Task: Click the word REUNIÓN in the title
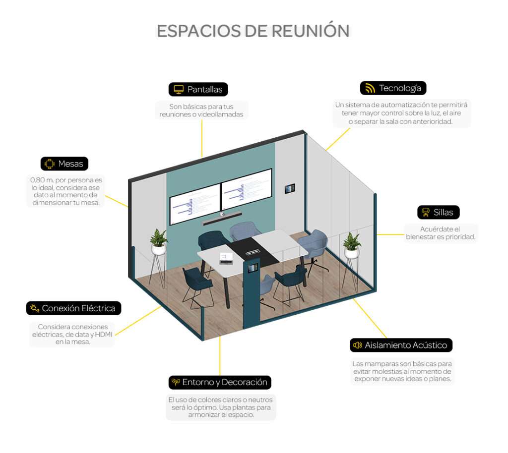click(x=311, y=31)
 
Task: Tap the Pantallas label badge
click(x=198, y=89)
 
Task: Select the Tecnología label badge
click(x=393, y=88)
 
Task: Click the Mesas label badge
click(x=64, y=164)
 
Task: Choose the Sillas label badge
click(x=439, y=212)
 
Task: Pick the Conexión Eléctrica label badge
click(x=73, y=308)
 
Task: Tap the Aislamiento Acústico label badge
click(x=401, y=345)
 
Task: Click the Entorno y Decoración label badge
click(x=220, y=382)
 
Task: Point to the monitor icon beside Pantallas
click(x=179, y=89)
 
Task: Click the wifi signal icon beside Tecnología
click(x=370, y=88)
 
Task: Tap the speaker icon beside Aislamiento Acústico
click(x=357, y=345)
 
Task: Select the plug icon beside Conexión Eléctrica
click(x=34, y=308)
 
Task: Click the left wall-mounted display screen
click(x=194, y=204)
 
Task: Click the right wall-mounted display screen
click(x=247, y=189)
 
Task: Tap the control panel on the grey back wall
click(x=290, y=189)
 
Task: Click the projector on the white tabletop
click(x=226, y=258)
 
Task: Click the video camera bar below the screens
click(x=221, y=219)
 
